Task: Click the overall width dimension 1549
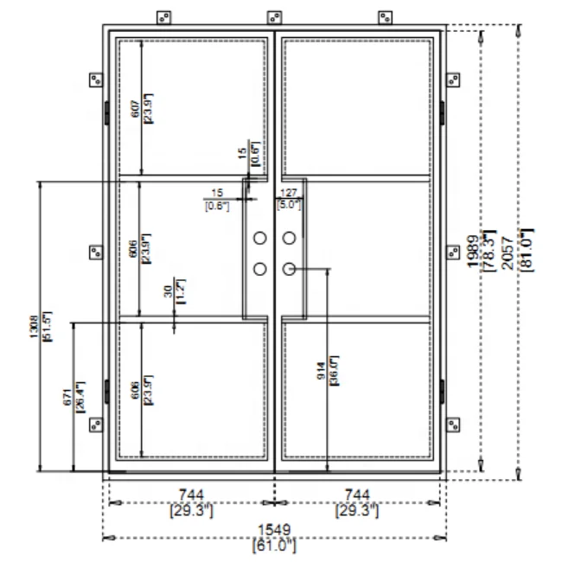click(x=274, y=528)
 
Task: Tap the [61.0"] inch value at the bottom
click(x=274, y=545)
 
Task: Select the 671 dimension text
click(x=67, y=397)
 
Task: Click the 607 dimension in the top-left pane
click(x=135, y=107)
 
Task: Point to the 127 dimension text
click(x=288, y=193)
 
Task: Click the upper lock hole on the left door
click(x=259, y=238)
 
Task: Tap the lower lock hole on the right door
click(x=290, y=269)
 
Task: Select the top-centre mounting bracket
click(x=275, y=17)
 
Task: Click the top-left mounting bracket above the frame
click(x=163, y=17)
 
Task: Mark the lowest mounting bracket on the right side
click(x=452, y=424)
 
